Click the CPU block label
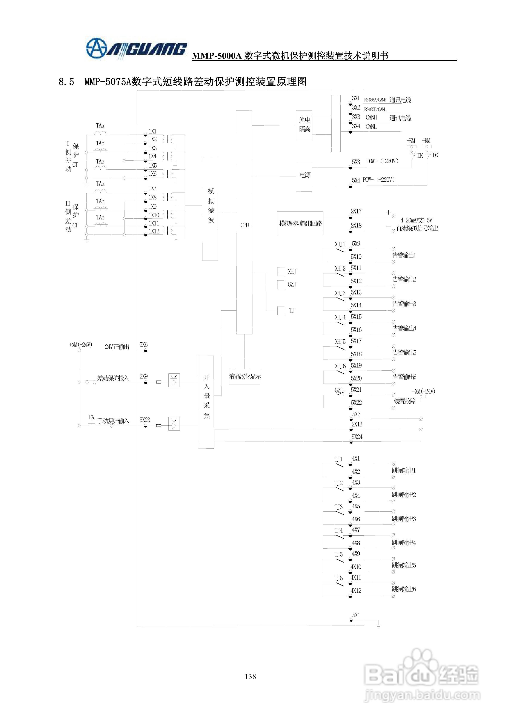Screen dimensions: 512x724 (244, 225)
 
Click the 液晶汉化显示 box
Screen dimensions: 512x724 (244, 376)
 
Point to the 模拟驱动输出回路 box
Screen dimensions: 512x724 (300, 223)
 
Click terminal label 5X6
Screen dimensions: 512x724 (144, 345)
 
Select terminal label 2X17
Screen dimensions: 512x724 (356, 211)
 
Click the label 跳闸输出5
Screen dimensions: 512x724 (404, 565)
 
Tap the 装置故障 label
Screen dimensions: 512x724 (404, 401)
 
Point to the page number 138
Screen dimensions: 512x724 (250, 676)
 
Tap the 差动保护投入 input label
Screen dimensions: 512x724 (113, 378)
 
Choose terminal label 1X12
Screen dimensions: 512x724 (154, 231)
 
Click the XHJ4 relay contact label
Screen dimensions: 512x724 (340, 317)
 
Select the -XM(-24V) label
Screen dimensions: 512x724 (423, 391)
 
